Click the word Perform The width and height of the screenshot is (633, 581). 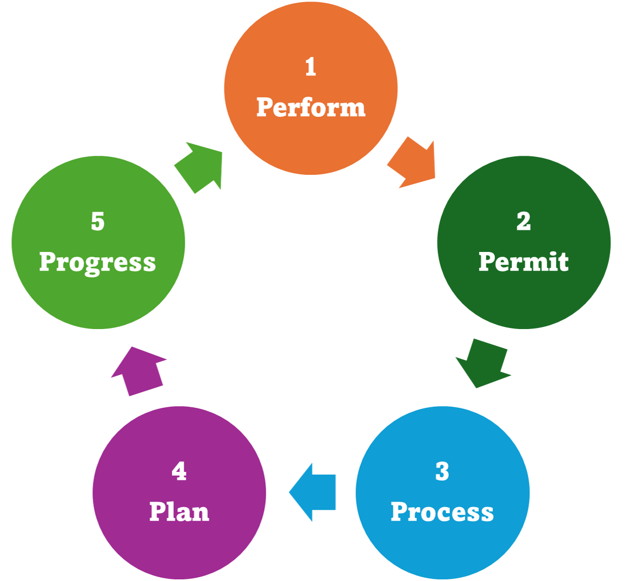(x=311, y=108)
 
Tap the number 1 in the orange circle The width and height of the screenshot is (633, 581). (x=311, y=67)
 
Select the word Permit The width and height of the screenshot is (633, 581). (x=523, y=262)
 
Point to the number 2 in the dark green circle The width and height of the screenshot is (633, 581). (x=523, y=222)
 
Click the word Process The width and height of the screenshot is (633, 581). (x=442, y=512)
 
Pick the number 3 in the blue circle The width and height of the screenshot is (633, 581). (x=442, y=472)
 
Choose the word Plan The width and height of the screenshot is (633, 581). (x=179, y=512)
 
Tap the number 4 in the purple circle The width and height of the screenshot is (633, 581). (x=179, y=472)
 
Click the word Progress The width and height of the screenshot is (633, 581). (x=98, y=262)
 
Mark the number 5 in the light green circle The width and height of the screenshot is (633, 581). (x=98, y=222)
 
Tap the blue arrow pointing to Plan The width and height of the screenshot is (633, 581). (x=314, y=492)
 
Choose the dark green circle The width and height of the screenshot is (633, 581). (x=523, y=299)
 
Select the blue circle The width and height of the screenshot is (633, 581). (x=442, y=548)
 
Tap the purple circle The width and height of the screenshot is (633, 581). (x=179, y=548)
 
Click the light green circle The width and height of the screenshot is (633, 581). (x=98, y=299)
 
